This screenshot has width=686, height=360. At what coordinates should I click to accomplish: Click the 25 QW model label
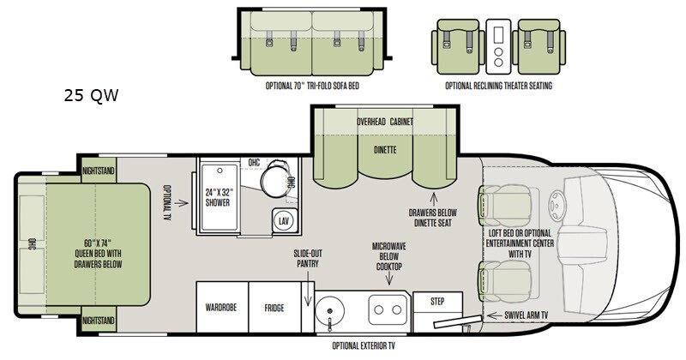[91, 95]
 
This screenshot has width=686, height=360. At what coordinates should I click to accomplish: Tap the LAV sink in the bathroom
[285, 221]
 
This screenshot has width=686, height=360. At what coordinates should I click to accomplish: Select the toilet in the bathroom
[275, 178]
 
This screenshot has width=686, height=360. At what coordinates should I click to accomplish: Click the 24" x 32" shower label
[218, 198]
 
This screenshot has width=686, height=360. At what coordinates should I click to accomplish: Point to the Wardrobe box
[222, 307]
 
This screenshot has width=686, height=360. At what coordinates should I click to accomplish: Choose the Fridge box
[274, 307]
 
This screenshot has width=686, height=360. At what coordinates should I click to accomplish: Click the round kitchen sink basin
[330, 310]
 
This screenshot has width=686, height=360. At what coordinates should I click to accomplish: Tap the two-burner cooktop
[388, 309]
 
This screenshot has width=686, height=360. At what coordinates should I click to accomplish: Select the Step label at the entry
[437, 302]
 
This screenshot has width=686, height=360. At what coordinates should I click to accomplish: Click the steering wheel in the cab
[557, 205]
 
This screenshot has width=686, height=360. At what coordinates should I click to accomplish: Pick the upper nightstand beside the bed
[99, 171]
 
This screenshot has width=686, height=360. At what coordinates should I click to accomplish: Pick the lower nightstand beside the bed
[99, 320]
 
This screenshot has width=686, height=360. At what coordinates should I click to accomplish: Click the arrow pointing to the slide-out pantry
[308, 288]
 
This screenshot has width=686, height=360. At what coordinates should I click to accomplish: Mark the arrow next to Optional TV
[181, 203]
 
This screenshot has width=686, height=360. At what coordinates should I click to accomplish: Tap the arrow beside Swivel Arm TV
[494, 315]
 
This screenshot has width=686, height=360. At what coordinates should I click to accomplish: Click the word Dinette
[385, 150]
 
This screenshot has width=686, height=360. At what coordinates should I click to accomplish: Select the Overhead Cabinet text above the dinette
[384, 122]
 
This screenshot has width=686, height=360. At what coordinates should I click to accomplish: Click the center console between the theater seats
[498, 46]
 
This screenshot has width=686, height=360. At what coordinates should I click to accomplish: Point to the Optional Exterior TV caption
[364, 346]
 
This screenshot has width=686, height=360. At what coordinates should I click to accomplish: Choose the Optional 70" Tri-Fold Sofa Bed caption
[312, 86]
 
